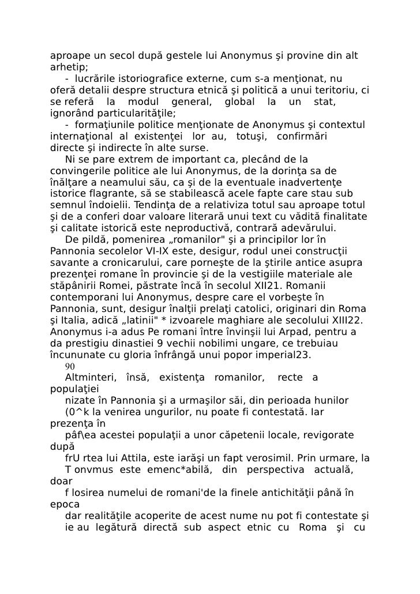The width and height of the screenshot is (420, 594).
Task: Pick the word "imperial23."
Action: coord(282,355)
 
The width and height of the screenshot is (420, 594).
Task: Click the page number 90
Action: coord(70,366)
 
